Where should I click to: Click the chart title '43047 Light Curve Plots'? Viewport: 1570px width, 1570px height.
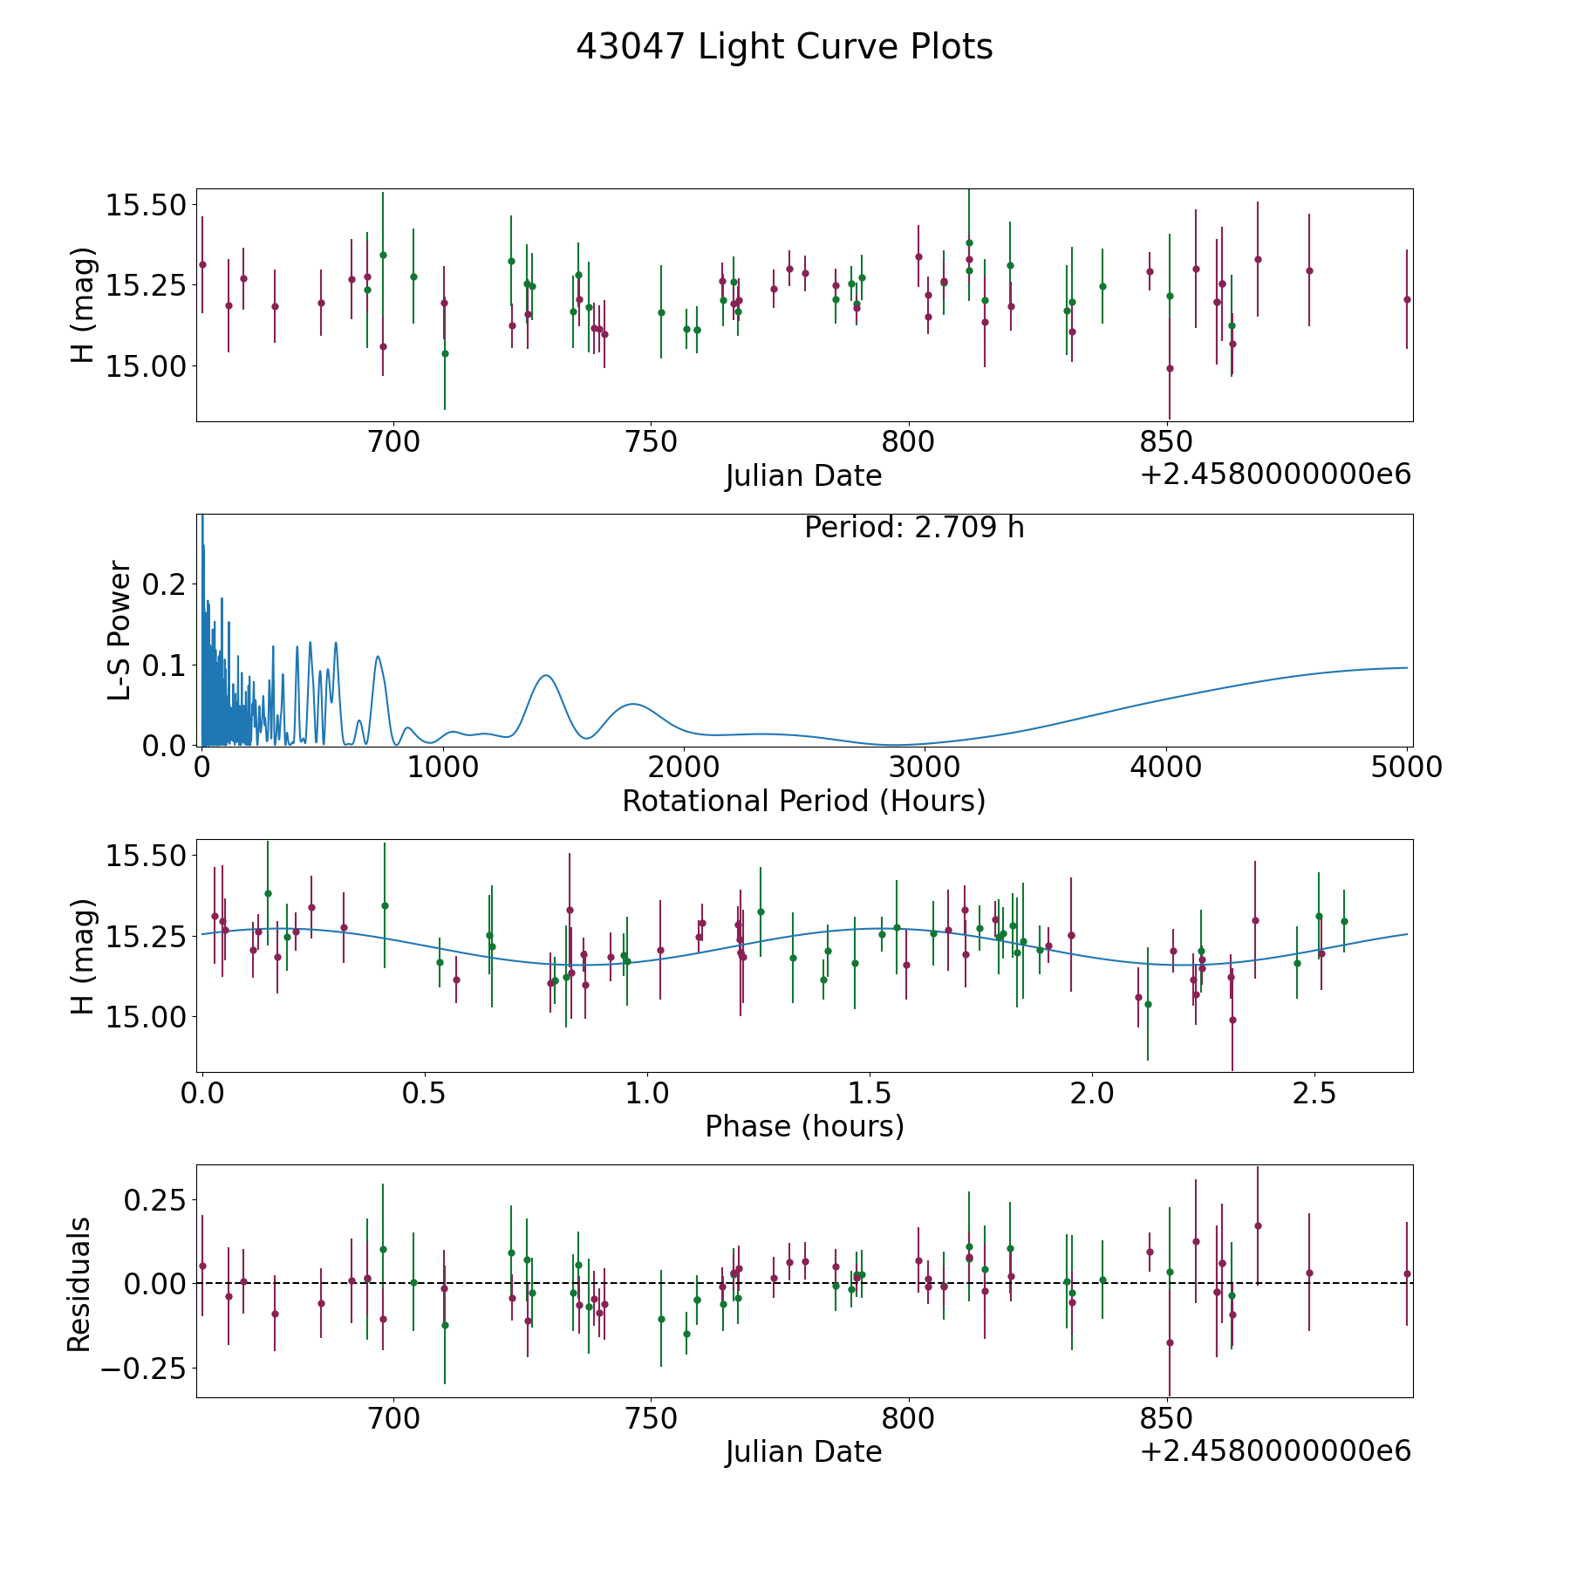coord(784,47)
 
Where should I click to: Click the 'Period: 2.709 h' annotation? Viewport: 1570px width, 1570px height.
coord(914,528)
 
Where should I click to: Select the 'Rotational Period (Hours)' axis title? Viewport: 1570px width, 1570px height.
coord(803,801)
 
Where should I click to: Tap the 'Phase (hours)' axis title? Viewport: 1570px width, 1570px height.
coord(804,1126)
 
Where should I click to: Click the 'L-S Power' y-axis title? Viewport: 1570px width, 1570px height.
coord(119,630)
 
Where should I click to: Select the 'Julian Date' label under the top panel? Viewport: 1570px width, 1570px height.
coord(803,476)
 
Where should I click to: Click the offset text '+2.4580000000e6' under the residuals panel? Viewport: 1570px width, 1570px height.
coord(1275,1451)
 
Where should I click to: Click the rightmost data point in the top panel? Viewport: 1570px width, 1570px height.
coord(1407,299)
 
